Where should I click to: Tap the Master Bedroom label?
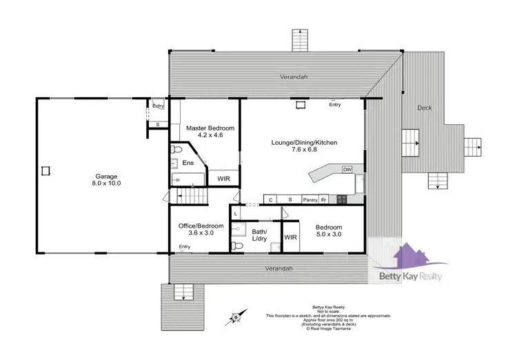coord(211,128)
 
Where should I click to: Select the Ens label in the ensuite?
coord(187,163)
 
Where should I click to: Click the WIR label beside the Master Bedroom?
coord(223,179)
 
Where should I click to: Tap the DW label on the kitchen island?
coord(347,169)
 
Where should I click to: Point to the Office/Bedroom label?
coord(201,226)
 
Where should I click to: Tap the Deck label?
coord(425,108)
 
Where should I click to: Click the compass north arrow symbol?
coord(235,317)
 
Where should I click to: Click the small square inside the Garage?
coord(46,170)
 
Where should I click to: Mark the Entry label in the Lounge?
coord(335,105)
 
